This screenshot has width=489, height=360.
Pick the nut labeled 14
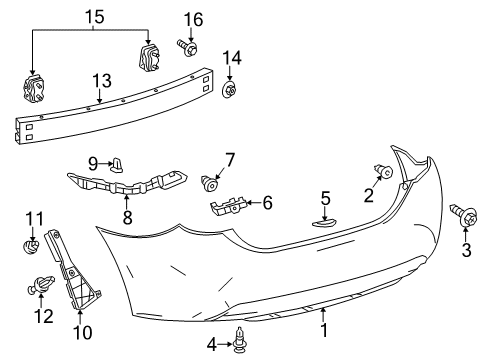pyautogui.click(x=229, y=92)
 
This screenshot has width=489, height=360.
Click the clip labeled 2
pyautogui.click(x=382, y=171)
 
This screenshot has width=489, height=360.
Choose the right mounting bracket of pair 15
pyautogui.click(x=151, y=57)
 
